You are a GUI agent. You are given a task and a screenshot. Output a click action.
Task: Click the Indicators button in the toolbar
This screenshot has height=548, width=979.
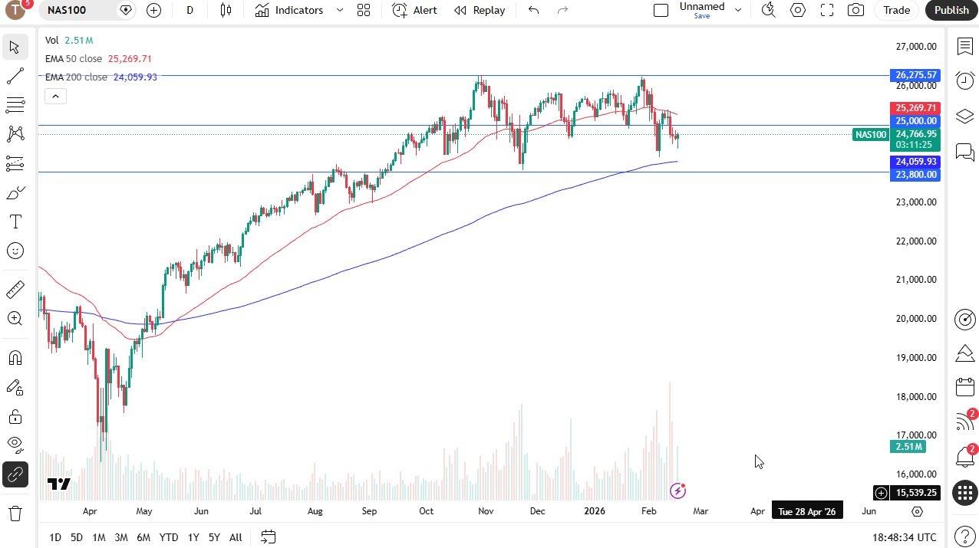pos(290,10)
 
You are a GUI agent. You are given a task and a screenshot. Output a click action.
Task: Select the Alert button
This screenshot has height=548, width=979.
pos(414,10)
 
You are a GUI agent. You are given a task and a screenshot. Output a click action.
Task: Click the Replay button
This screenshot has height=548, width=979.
pos(480,10)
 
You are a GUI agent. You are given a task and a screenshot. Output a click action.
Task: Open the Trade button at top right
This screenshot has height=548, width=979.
pos(896,10)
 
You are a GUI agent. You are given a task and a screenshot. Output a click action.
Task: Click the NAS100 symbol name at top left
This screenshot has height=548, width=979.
pos(67,10)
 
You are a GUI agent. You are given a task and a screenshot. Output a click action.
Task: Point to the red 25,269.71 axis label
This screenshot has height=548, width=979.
pos(915,108)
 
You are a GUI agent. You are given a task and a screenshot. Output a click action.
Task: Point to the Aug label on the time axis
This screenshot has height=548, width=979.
pos(315,511)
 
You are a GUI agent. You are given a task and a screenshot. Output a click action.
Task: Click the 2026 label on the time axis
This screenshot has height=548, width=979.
pos(595,511)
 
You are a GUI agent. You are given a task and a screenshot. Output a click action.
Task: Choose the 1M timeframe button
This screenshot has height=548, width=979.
pos(98,537)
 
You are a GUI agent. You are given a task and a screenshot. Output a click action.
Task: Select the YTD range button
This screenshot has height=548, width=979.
pos(169,537)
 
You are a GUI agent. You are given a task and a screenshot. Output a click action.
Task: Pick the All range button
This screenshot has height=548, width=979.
pos(236,537)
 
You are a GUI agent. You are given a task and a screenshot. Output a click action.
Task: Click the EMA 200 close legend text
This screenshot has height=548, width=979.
pos(76,77)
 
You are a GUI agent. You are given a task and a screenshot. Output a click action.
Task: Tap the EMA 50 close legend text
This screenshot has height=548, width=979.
pos(73,59)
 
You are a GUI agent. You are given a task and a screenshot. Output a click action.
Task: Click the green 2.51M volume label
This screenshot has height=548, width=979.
pos(908,447)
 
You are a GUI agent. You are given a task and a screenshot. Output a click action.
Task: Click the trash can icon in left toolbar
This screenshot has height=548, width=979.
pos(15,514)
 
